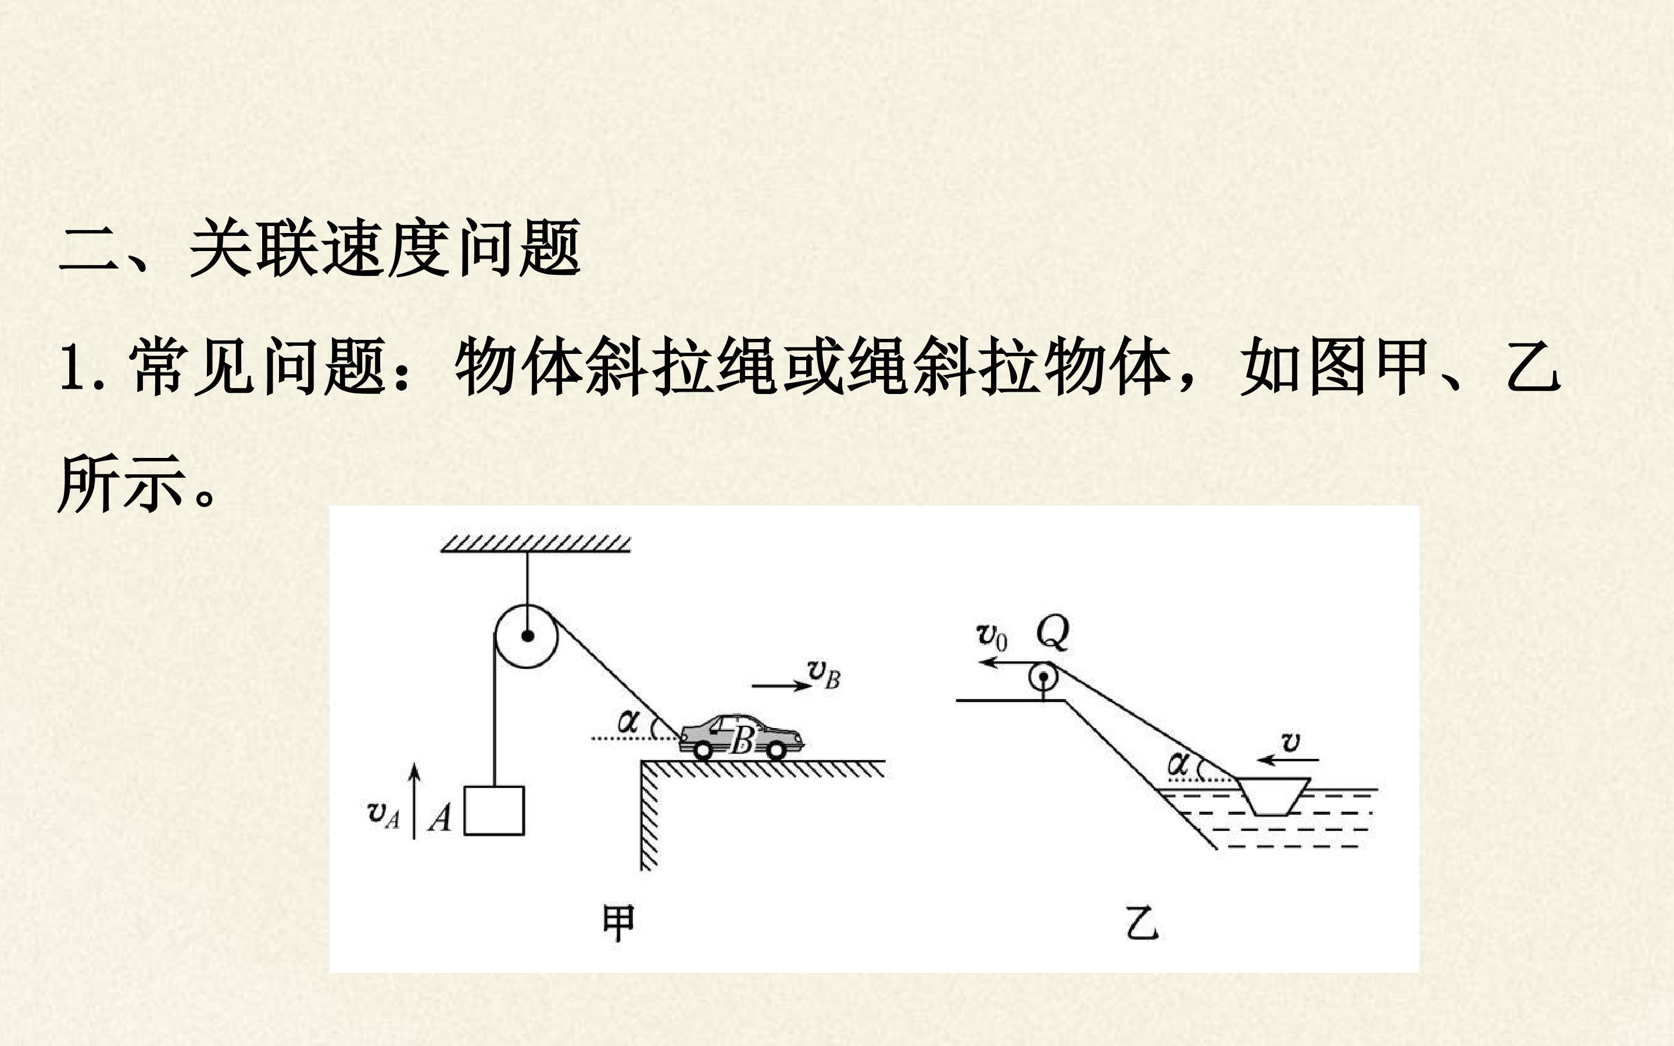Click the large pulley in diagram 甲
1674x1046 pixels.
click(525, 636)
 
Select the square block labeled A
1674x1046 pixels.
click(494, 810)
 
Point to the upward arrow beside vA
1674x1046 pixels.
click(414, 801)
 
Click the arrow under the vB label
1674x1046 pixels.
click(782, 686)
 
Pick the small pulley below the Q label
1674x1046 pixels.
click(1042, 676)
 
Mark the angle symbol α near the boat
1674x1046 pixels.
click(1178, 764)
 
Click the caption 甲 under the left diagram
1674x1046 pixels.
click(618, 923)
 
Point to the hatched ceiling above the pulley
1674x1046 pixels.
click(535, 543)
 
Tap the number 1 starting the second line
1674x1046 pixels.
click(71, 368)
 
